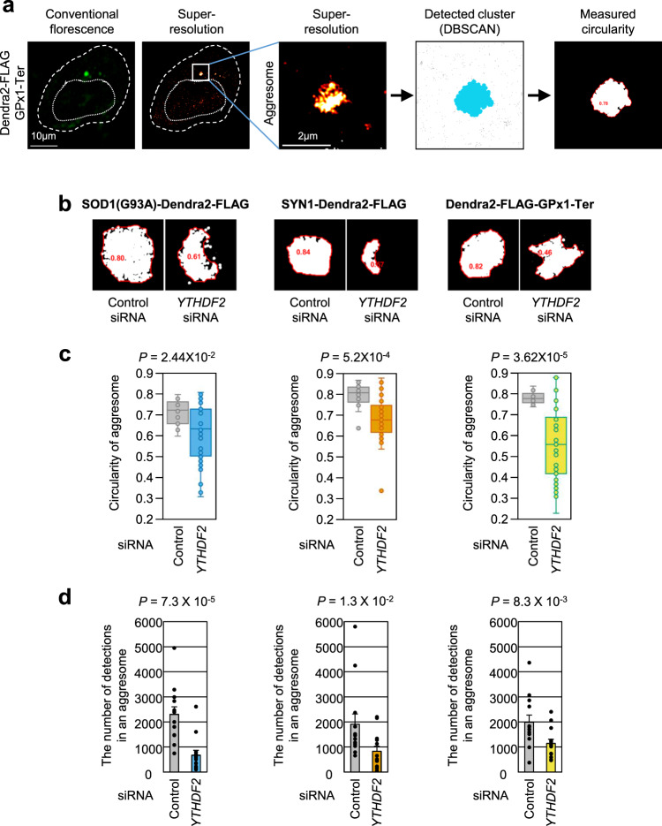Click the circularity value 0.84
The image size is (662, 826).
pos(304,252)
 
